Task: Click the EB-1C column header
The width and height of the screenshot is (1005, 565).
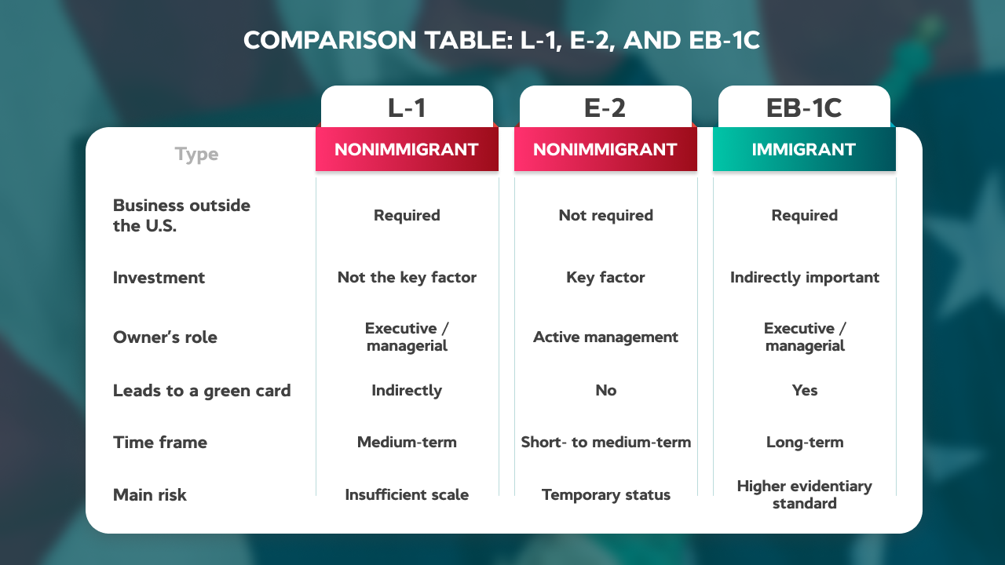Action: pyautogui.click(x=804, y=108)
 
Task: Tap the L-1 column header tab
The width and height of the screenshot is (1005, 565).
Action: pyautogui.click(x=407, y=108)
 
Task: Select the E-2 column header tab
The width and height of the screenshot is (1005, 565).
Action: pyautogui.click(x=605, y=108)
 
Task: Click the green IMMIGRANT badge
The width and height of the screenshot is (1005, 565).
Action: pyautogui.click(x=804, y=149)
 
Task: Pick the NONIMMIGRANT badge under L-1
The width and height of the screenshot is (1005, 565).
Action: pyautogui.click(x=407, y=149)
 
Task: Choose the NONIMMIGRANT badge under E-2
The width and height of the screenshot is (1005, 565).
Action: pyautogui.click(x=605, y=149)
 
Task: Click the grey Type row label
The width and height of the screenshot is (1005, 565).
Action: pyautogui.click(x=196, y=155)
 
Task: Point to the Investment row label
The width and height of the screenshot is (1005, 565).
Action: pyautogui.click(x=159, y=278)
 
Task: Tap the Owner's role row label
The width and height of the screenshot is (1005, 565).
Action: pyautogui.click(x=165, y=337)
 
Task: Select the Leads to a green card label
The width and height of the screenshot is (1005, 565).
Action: pyautogui.click(x=202, y=391)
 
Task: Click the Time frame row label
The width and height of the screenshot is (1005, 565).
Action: pyautogui.click(x=160, y=442)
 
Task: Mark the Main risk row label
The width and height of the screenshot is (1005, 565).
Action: pyautogui.click(x=150, y=494)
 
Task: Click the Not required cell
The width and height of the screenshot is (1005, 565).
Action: pyautogui.click(x=605, y=216)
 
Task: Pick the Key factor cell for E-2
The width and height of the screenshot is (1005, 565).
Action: pyautogui.click(x=605, y=278)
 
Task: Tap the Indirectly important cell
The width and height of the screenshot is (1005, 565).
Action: pyautogui.click(x=805, y=278)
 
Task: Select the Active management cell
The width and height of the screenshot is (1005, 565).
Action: pyautogui.click(x=605, y=337)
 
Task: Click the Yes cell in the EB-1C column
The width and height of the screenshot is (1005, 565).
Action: pyautogui.click(x=805, y=390)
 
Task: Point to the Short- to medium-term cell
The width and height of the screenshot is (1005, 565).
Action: pyautogui.click(x=605, y=442)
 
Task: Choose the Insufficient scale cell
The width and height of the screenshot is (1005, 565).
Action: pyautogui.click(x=407, y=494)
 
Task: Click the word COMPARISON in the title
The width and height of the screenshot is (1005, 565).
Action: pyautogui.click(x=331, y=40)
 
